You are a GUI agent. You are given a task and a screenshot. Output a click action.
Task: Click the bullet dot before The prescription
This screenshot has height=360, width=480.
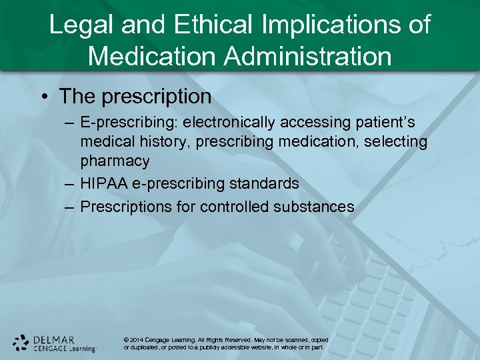point(43,97)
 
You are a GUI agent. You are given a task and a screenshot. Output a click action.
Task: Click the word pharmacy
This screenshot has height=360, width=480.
point(115,161)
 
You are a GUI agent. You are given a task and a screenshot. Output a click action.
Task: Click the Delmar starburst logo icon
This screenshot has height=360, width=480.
point(21,342)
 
